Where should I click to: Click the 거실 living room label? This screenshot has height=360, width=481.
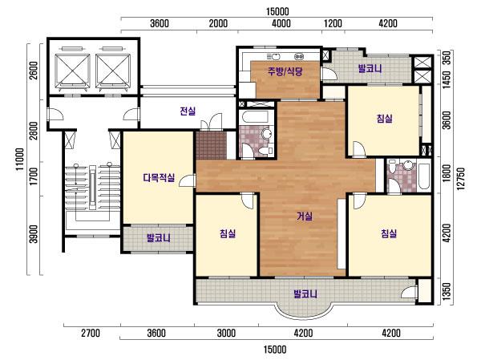click(x=305, y=216)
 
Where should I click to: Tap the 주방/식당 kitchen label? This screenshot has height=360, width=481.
click(x=285, y=71)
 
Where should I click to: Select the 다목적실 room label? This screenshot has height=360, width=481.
click(x=159, y=177)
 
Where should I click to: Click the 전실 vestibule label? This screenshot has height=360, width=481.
click(x=188, y=111)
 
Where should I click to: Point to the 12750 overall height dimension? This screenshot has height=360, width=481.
click(x=461, y=179)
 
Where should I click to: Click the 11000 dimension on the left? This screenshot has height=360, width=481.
click(x=20, y=160)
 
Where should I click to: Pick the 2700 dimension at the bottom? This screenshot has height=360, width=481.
click(x=91, y=333)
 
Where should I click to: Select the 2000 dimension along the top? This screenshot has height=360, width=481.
click(x=218, y=23)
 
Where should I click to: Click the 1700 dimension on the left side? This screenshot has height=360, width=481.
click(x=34, y=176)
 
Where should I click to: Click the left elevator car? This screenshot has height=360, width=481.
click(x=72, y=71)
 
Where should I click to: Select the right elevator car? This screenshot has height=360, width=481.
click(x=113, y=71)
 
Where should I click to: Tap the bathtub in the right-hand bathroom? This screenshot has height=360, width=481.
click(x=425, y=176)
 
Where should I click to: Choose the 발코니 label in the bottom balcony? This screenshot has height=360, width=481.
click(x=305, y=293)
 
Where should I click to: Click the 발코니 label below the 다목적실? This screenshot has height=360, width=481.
click(x=158, y=238)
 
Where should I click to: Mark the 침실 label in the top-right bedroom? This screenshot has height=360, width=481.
click(x=384, y=118)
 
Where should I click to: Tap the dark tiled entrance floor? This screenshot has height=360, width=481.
click(x=212, y=145)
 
